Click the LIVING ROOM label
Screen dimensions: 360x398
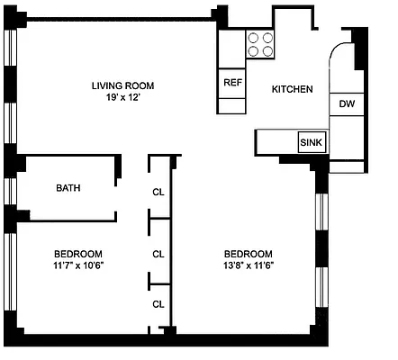pyautogui.click(x=122, y=85)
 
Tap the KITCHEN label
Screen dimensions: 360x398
pyautogui.click(x=292, y=89)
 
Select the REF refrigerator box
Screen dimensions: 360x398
pyautogui.click(x=232, y=82)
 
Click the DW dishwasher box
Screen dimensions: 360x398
pyautogui.click(x=347, y=104)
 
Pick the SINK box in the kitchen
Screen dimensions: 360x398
pyautogui.click(x=312, y=143)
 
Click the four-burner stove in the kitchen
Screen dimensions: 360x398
pyautogui.click(x=261, y=44)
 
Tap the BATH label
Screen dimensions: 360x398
pyautogui.click(x=68, y=188)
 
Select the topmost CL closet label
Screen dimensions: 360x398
pyautogui.click(x=158, y=191)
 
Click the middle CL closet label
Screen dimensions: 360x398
pyautogui.click(x=158, y=254)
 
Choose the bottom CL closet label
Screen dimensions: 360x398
pyautogui.click(x=158, y=303)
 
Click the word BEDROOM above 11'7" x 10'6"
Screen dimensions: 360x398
pyautogui.click(x=77, y=253)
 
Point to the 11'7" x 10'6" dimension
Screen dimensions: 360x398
pyautogui.click(x=77, y=265)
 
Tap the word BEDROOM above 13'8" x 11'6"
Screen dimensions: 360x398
pyautogui.click(x=248, y=253)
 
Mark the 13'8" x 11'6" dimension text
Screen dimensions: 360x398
pyautogui.click(x=248, y=265)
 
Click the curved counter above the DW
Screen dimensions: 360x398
pyautogui.click(x=343, y=67)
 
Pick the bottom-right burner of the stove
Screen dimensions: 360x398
pyautogui.click(x=268, y=50)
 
